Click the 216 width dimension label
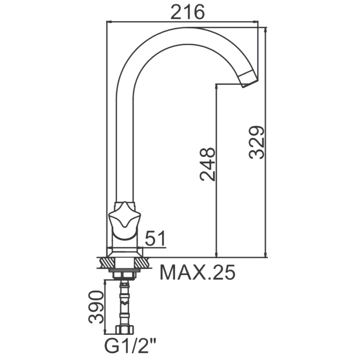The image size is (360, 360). click(187, 12)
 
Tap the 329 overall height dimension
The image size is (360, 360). click(257, 142)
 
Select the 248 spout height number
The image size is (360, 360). click(208, 164)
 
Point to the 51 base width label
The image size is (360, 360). click(155, 238)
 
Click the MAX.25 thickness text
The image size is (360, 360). click(197, 272)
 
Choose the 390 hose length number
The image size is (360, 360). click(97, 307)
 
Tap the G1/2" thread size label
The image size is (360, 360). click(130, 346)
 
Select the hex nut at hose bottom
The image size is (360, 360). click(124, 330)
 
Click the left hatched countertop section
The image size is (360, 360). click(108, 263)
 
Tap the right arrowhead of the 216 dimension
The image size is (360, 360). click(255, 22)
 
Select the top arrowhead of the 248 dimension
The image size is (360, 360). click(217, 87)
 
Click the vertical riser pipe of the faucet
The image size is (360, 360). click(124, 149)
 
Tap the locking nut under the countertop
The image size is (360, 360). click(124, 276)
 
